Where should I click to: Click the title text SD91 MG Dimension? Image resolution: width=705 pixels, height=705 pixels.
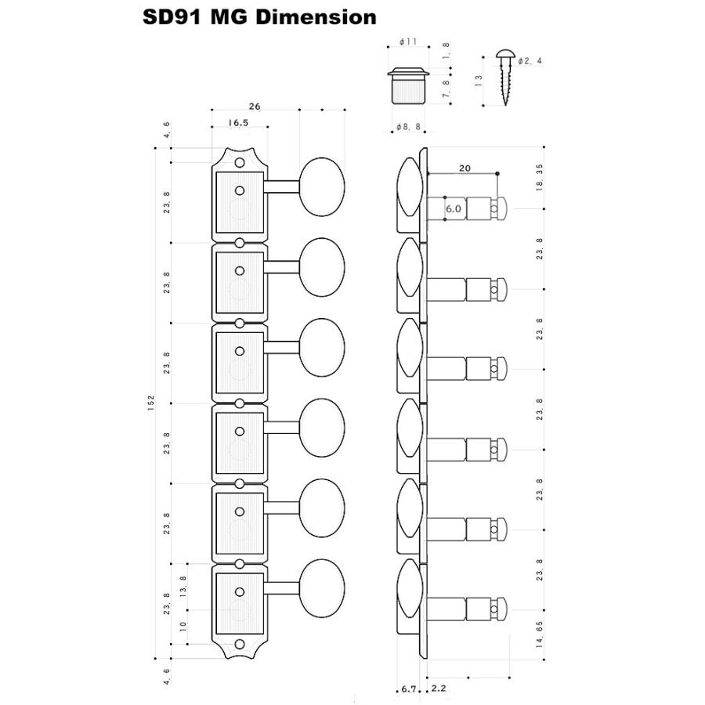[x=259, y=17]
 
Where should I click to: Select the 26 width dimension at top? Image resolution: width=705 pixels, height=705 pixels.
[x=255, y=106]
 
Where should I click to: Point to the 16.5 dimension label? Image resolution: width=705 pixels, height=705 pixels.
[x=239, y=123]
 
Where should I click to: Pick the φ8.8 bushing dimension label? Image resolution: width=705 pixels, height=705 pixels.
[x=407, y=126]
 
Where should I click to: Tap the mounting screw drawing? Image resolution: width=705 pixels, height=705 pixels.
[x=504, y=78]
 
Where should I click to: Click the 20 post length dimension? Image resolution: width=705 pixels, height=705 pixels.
[x=464, y=168]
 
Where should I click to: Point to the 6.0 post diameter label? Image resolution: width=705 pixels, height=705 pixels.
[x=453, y=209]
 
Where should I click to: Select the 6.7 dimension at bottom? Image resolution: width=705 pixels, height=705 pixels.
[x=407, y=689]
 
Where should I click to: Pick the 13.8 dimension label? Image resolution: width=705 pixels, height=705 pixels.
[x=183, y=587]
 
